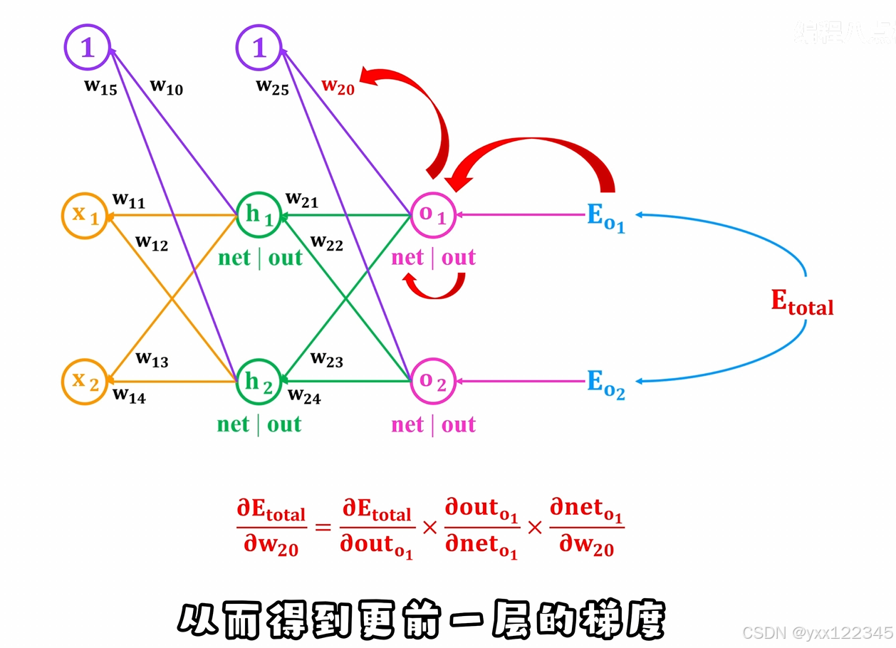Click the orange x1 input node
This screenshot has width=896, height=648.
85,215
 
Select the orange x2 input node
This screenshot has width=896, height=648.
85,382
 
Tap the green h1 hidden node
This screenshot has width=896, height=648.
259,215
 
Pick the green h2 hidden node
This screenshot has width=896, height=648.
259,382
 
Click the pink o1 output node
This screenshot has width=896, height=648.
433,214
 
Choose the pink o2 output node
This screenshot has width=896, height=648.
433,382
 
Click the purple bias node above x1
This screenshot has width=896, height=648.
87,48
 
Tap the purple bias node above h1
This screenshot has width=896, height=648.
259,48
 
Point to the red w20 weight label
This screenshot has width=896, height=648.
338,86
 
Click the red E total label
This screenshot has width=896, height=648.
802,303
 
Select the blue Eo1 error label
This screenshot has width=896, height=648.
605,217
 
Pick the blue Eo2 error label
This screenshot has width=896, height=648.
605,384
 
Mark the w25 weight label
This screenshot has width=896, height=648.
272,88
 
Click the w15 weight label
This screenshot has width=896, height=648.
100,88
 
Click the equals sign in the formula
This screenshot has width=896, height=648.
323,528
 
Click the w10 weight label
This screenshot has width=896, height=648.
166,88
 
